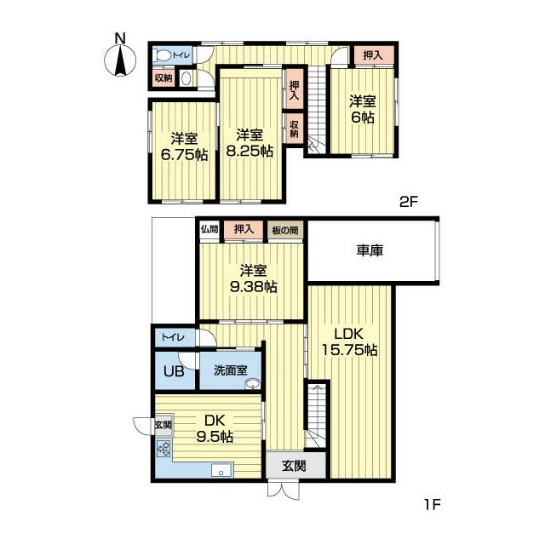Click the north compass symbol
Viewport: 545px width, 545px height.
click(x=120, y=60)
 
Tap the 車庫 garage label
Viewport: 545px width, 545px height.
click(x=370, y=250)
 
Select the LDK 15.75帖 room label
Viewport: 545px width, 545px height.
click(x=349, y=342)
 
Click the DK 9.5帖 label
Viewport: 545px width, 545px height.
click(x=215, y=428)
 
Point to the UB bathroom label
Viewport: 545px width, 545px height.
click(x=174, y=371)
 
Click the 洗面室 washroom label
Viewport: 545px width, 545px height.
click(x=231, y=370)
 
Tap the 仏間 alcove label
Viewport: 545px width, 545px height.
click(x=209, y=229)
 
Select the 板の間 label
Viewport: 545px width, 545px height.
click(x=285, y=230)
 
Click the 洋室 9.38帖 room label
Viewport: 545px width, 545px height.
click(x=254, y=278)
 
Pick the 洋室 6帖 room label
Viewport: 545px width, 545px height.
click(x=363, y=110)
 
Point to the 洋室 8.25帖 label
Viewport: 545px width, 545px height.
click(x=250, y=143)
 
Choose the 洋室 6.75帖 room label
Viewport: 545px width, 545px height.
click(x=184, y=146)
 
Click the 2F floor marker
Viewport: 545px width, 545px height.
click(x=408, y=202)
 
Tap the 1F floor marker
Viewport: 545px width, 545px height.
click(x=433, y=504)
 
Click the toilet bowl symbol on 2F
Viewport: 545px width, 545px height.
click(x=163, y=55)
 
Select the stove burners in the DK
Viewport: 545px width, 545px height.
click(x=163, y=449)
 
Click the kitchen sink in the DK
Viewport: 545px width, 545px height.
click(x=221, y=470)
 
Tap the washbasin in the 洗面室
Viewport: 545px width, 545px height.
click(x=252, y=384)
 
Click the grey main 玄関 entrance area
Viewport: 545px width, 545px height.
click(x=295, y=466)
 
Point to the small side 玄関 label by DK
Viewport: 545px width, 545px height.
click(x=163, y=424)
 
